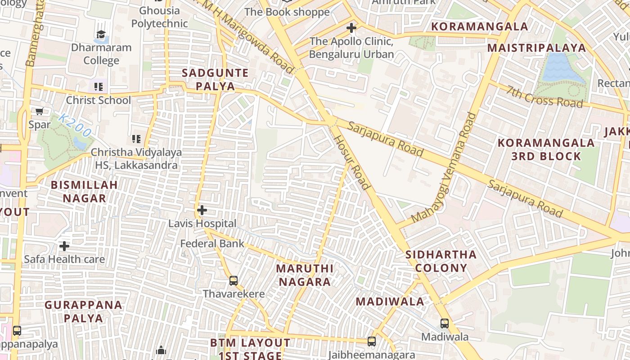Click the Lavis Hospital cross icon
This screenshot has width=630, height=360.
(x=202, y=210)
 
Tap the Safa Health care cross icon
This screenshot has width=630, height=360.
(x=64, y=246)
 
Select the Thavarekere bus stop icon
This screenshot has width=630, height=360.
(x=233, y=281)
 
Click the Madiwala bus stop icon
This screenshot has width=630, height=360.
(x=444, y=323)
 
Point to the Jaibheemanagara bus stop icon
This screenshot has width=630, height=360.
(x=372, y=342)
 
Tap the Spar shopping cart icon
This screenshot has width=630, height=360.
(x=39, y=111)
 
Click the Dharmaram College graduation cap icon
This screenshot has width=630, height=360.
(x=101, y=35)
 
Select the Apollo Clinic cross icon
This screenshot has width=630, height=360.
(x=351, y=28)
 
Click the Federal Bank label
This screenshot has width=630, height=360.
(x=212, y=244)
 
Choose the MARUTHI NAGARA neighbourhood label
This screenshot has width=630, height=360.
(x=305, y=275)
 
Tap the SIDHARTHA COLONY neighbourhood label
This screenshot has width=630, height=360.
(x=441, y=261)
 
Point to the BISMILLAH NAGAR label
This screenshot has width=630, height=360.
(x=84, y=191)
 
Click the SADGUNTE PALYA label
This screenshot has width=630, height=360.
(x=215, y=80)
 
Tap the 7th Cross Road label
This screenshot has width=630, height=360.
(x=544, y=97)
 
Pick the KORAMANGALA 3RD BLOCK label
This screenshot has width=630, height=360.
(x=546, y=150)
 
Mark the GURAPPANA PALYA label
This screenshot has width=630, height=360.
(x=83, y=311)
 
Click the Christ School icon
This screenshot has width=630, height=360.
(x=98, y=86)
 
